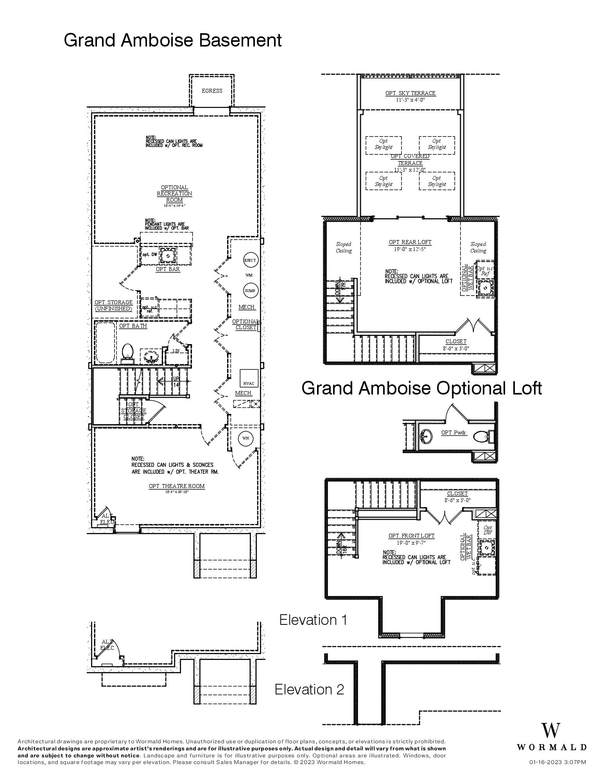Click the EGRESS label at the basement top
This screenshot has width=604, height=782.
click(x=212, y=91)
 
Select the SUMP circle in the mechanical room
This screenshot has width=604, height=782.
click(x=250, y=291)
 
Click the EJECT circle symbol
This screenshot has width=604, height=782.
click(x=250, y=260)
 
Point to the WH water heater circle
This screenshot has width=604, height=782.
click(x=246, y=438)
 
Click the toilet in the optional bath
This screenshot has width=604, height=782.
click(x=127, y=352)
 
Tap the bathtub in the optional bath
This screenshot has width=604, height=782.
click(x=106, y=343)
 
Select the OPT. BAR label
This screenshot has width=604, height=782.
click(x=168, y=269)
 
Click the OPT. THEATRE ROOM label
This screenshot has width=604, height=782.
click(x=176, y=486)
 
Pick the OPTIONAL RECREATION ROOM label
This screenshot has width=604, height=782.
click(x=174, y=194)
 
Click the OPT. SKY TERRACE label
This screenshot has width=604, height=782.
click(x=410, y=93)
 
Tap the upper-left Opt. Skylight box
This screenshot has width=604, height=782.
click(x=383, y=144)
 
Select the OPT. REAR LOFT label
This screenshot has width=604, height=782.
click(x=410, y=242)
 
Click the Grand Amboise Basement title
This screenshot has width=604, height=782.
click(x=172, y=40)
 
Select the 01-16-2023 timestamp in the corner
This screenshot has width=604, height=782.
click(x=557, y=762)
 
